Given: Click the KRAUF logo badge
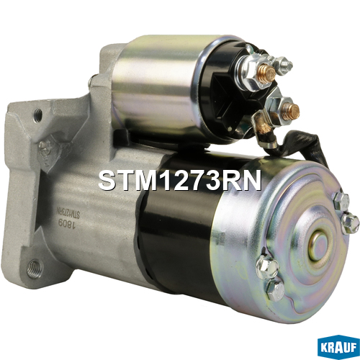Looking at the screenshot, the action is point(338,348).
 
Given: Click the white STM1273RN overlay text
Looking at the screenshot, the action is point(179,180).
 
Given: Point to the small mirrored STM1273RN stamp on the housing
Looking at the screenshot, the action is point(68,213).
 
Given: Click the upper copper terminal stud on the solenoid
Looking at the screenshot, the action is point(266,73).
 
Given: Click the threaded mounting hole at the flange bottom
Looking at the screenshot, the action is point(34,269).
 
